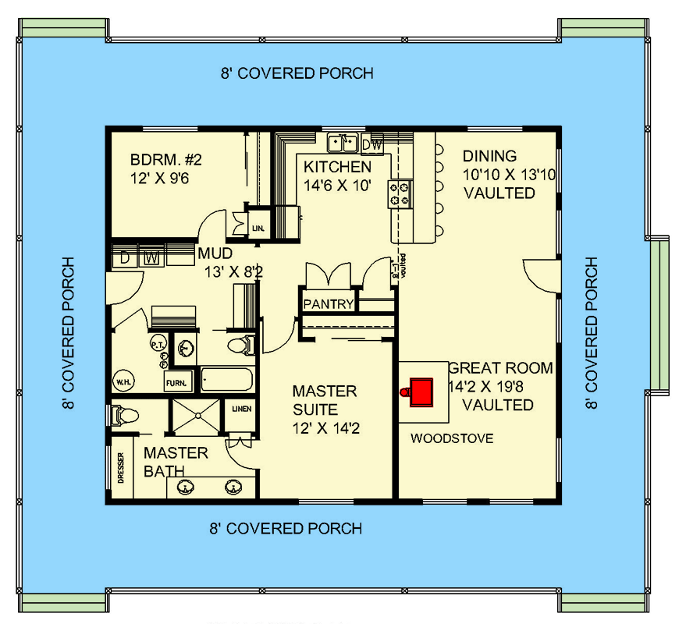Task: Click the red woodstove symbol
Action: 421,391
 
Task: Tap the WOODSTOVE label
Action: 452,438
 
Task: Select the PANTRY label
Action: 329,304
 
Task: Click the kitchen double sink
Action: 343,143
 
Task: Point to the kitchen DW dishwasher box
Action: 372,144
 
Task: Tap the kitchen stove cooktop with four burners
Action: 401,193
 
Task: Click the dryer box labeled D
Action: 125,257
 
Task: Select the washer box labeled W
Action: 152,257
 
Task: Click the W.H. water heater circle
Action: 123,382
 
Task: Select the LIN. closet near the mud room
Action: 258,229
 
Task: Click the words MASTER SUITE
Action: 324,399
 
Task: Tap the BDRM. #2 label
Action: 166,161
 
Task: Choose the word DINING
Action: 489,156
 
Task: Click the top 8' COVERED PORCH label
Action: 296,73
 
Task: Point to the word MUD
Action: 213,253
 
